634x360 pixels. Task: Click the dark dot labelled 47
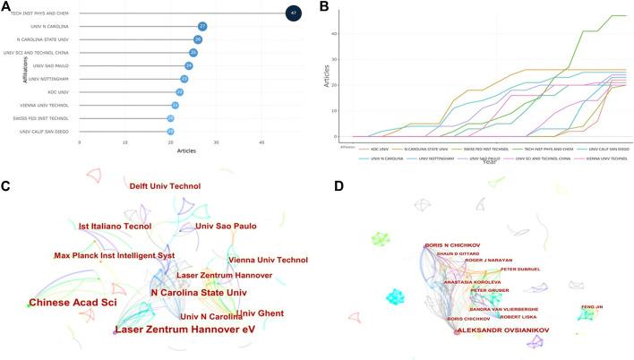click(x=293, y=13)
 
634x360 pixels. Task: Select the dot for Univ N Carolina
click(x=202, y=26)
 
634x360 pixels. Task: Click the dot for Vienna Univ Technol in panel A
click(x=176, y=105)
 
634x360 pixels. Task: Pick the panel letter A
click(x=6, y=7)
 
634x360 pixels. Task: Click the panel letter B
click(x=324, y=7)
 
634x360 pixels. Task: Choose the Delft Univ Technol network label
click(x=165, y=186)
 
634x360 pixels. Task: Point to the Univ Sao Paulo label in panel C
click(x=226, y=227)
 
